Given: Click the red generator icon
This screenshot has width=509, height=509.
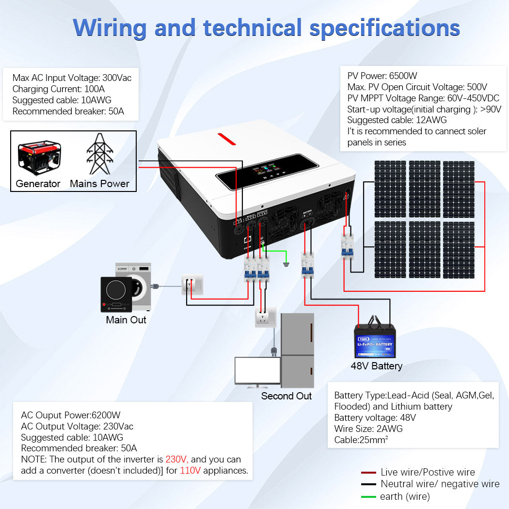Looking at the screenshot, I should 39,158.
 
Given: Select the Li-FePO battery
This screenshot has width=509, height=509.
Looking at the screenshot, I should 375,339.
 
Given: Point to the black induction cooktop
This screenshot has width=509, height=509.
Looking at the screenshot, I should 116,295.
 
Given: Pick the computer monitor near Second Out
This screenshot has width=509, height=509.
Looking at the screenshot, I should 257,372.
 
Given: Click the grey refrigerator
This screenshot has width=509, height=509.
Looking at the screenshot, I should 297,350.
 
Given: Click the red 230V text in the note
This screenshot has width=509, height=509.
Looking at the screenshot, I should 177,459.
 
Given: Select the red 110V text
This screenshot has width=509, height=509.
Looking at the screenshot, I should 190,470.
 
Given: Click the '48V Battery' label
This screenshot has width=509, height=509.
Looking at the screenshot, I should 376,366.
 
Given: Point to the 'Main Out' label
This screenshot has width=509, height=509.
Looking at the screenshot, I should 126,320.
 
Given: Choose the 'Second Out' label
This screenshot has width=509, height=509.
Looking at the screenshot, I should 286,396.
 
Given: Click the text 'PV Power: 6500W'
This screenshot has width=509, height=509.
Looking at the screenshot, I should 382,76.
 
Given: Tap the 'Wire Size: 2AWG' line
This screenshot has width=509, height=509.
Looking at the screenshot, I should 368,429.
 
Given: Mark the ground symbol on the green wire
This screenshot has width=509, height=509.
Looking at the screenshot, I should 286,264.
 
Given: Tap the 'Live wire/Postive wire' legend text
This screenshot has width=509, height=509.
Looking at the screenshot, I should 428,472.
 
